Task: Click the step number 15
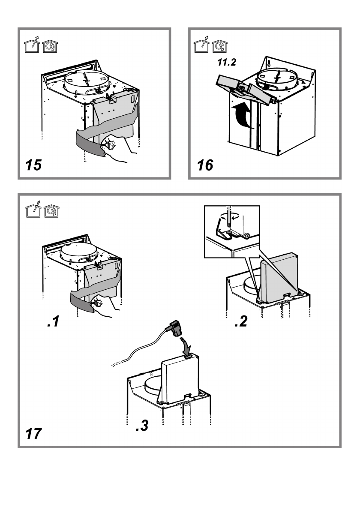pos(33,165)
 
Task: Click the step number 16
pos(205,165)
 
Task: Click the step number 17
pos(33,434)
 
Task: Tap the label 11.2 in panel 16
pos(227,62)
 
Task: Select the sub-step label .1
pos(54,321)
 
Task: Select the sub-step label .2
pos(241,321)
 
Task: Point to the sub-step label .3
pos(142,425)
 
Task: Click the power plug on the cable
pos(174,328)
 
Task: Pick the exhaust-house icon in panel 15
pos(32,45)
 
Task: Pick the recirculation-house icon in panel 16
pos(219,46)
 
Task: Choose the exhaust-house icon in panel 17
pos(33,209)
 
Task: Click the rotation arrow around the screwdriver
pos(229,216)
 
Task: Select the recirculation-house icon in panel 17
pos(51,211)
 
